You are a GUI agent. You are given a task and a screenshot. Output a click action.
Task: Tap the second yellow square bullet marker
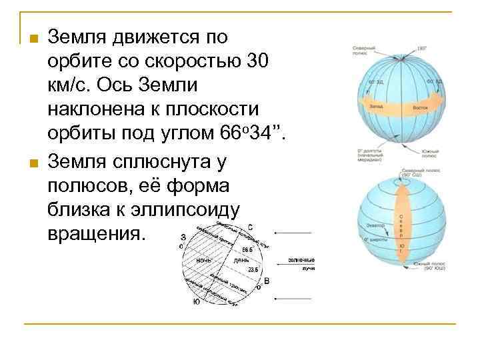click(29, 162)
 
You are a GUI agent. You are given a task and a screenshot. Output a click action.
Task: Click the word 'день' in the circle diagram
click(241, 259)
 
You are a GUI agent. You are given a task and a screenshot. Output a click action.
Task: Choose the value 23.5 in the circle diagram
click(252, 269)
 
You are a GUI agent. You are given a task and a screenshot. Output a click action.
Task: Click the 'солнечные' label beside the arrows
click(301, 259)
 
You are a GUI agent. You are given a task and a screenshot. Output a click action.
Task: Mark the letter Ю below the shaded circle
click(195, 301)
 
